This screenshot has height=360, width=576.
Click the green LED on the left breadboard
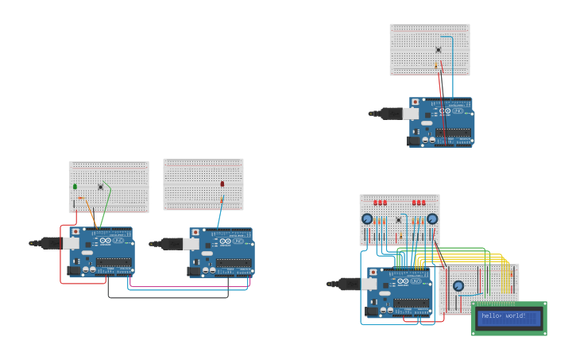click(x=75, y=187)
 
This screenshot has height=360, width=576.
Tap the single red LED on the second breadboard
click(x=222, y=184)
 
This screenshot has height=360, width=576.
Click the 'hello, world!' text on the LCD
click(x=504, y=316)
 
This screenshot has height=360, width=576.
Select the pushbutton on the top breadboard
click(x=438, y=50)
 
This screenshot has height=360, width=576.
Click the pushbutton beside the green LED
click(x=100, y=187)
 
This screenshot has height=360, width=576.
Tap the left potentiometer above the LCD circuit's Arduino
click(x=367, y=219)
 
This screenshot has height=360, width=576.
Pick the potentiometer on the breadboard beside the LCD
click(x=458, y=286)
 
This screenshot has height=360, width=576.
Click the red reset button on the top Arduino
click(x=415, y=102)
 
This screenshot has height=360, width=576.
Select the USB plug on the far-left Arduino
click(x=50, y=243)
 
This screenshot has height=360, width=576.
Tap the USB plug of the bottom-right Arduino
click(x=347, y=284)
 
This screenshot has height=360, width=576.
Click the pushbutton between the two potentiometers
click(x=398, y=219)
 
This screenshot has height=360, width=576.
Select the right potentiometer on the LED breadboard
click(x=432, y=219)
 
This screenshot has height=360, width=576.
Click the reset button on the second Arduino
click(x=195, y=232)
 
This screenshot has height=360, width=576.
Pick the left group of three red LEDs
click(x=381, y=203)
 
